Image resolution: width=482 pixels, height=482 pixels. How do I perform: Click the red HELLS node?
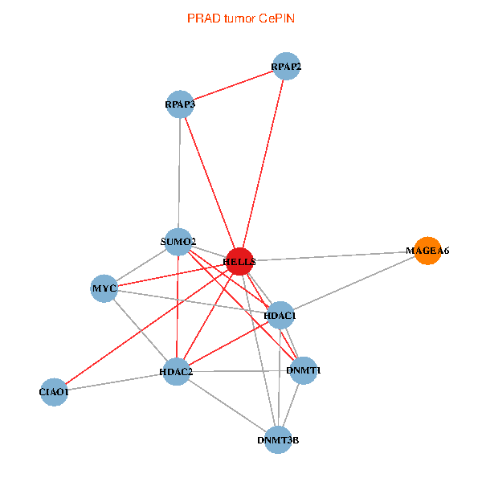pyautogui.click(x=240, y=261)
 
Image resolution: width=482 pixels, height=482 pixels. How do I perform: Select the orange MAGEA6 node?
pyautogui.click(x=427, y=251)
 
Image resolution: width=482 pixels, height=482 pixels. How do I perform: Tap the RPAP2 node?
pyautogui.click(x=286, y=66)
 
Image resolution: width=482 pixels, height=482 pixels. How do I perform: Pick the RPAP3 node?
pyautogui.click(x=180, y=104)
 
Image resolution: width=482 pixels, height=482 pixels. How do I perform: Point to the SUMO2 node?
pyautogui.click(x=178, y=241)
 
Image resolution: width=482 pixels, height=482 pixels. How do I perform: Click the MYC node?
pyautogui.click(x=104, y=288)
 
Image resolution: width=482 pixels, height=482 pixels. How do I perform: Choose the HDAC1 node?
pyautogui.click(x=280, y=316)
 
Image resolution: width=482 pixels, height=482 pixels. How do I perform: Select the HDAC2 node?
pyautogui.click(x=176, y=372)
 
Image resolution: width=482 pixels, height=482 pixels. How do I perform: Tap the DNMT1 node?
pyautogui.click(x=304, y=370)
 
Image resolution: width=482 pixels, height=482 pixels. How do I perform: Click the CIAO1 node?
pyautogui.click(x=54, y=392)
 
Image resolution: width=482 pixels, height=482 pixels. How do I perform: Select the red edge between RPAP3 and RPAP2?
pyautogui.click(x=233, y=85)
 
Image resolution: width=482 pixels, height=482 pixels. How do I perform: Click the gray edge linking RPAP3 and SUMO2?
pyautogui.click(x=179, y=173)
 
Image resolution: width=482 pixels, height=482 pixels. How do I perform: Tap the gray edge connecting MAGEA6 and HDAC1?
pyautogui.click(x=353, y=284)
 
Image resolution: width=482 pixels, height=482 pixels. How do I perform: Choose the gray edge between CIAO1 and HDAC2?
pyautogui.click(x=115, y=382)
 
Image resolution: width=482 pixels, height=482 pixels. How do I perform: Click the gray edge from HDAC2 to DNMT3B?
pyautogui.click(x=227, y=406)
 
